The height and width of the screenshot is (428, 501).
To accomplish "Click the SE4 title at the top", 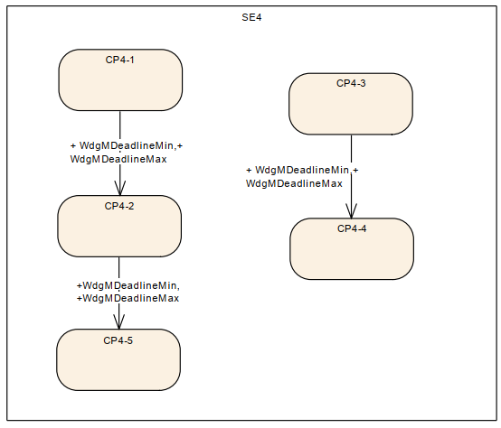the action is click(251, 17).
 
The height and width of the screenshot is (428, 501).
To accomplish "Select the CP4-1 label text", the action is click(119, 60).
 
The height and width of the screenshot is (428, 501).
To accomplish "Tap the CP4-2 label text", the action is click(119, 206).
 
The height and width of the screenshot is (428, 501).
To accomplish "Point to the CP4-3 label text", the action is click(351, 83).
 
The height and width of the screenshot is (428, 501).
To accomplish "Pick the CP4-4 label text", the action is click(352, 228).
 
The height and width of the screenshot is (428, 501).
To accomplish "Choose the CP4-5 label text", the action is click(118, 340).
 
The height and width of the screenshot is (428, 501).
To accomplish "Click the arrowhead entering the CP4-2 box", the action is click(119, 188).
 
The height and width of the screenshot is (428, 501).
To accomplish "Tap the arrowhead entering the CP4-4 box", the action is click(351, 211).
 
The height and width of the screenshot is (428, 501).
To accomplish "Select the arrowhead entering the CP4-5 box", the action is click(118, 321).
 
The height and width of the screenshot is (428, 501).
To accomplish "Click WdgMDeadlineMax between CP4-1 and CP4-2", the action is click(118, 159).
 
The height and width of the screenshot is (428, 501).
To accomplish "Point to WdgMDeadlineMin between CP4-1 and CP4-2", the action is click(127, 145).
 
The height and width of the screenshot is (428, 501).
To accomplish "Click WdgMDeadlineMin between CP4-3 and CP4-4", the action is click(302, 171).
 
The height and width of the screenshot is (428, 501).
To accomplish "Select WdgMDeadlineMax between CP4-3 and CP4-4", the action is click(294, 183).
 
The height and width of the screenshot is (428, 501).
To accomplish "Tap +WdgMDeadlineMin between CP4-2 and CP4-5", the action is click(128, 285).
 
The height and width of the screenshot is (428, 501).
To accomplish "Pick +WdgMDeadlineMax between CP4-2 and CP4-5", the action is click(128, 299).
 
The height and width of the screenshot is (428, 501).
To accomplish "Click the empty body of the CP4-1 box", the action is click(120, 87).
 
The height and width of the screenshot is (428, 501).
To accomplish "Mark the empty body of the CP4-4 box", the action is click(352, 256).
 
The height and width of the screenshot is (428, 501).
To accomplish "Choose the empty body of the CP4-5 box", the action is click(118, 368).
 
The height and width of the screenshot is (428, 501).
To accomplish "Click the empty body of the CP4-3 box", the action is click(351, 111).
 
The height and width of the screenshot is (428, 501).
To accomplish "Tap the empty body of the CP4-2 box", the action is click(119, 234).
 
